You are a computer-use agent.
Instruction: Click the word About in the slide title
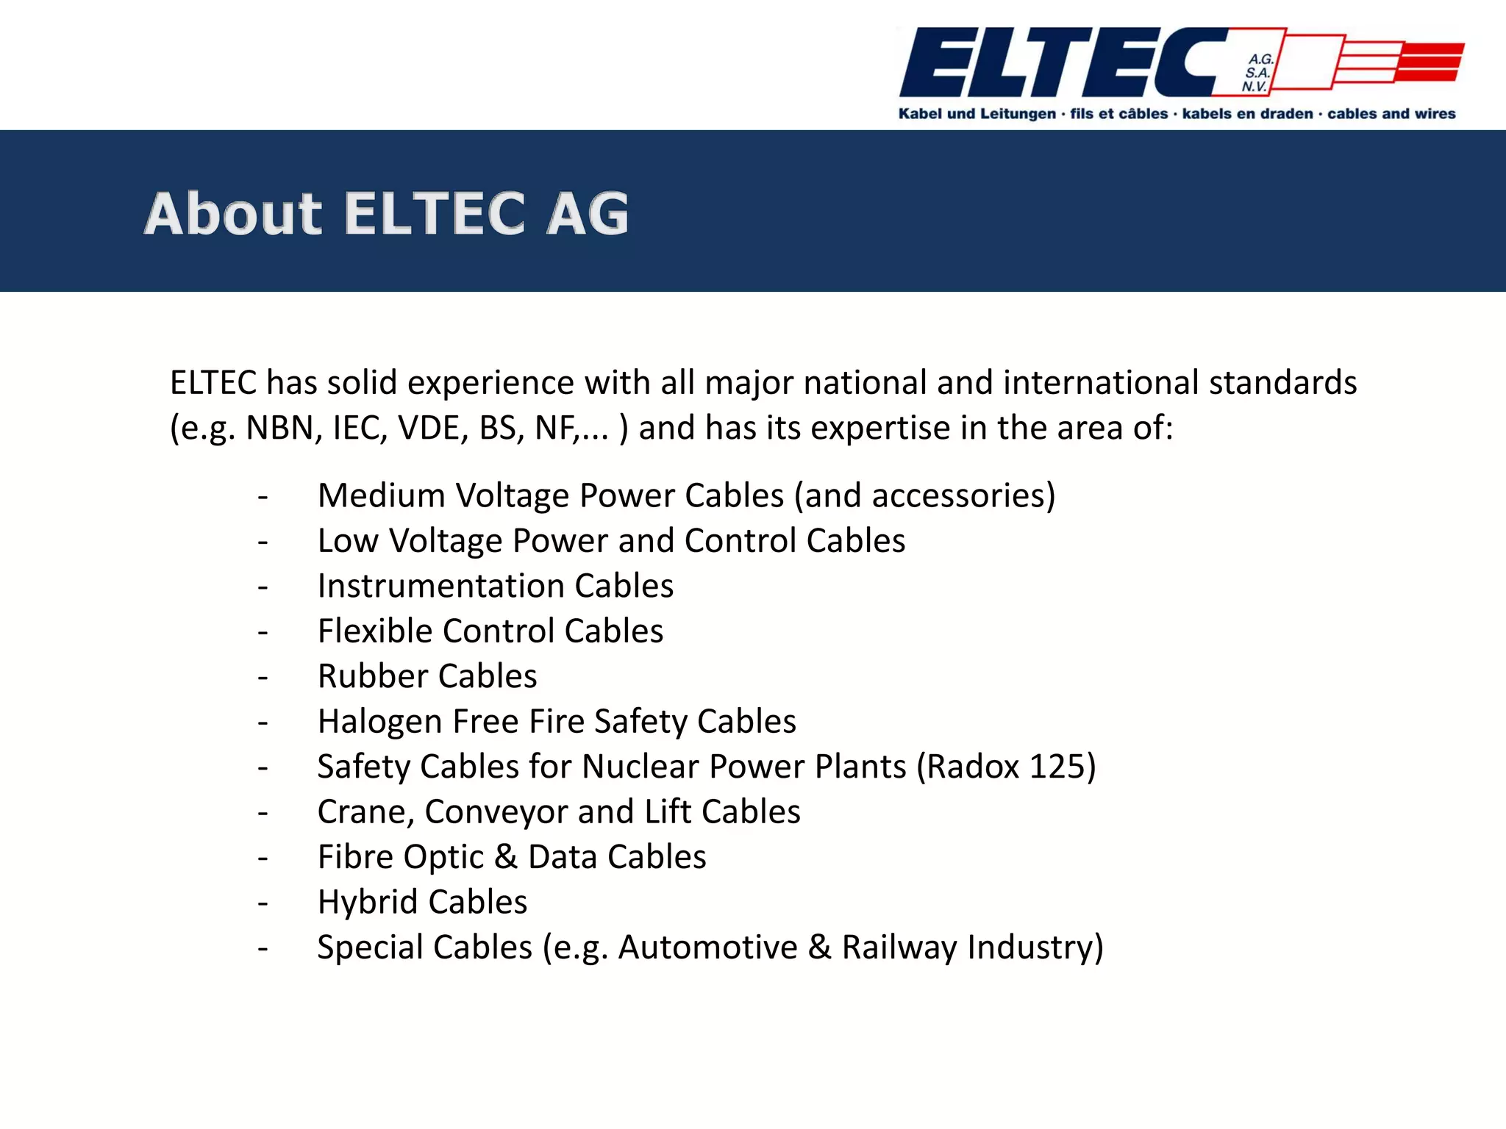[x=233, y=214]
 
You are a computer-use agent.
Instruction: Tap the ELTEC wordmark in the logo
[x=1059, y=63]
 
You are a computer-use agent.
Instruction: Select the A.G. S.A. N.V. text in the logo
[x=1258, y=73]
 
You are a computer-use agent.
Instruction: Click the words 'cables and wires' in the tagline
[x=1391, y=114]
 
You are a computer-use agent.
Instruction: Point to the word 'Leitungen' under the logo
[x=1017, y=114]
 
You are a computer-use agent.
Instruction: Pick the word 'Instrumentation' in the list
[x=440, y=586]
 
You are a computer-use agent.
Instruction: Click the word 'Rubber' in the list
[x=372, y=676]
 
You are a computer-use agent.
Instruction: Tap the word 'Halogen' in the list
[x=379, y=722]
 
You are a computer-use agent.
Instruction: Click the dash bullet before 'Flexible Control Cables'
[x=263, y=631]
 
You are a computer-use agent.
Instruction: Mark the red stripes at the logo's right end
[x=1430, y=62]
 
